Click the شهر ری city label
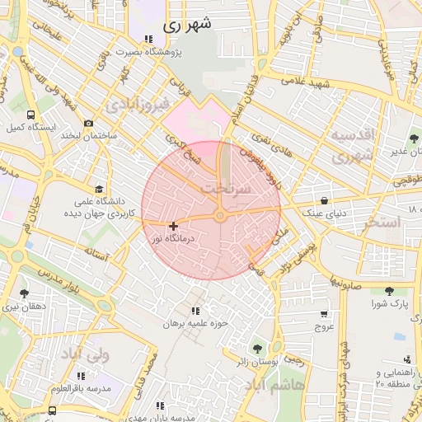(x=187, y=24)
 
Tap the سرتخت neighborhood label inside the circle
(x=225, y=189)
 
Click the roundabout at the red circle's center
(x=220, y=216)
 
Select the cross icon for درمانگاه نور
(x=173, y=226)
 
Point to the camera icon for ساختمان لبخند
(x=88, y=123)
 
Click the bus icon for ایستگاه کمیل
(x=30, y=115)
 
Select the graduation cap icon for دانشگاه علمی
(x=100, y=189)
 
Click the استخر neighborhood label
(x=381, y=223)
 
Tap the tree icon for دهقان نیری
(x=23, y=293)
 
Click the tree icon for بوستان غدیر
(x=413, y=138)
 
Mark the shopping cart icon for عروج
(x=324, y=313)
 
